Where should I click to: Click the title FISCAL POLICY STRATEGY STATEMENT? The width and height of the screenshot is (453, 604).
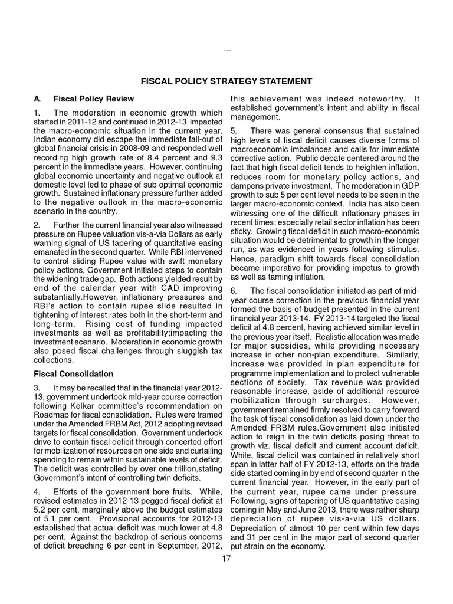coord(226,80)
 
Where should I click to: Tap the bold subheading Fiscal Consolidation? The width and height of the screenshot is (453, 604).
coord(73,374)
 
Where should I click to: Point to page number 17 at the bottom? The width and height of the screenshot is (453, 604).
coord(226,558)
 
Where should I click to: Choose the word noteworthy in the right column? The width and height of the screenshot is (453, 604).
coord(375,98)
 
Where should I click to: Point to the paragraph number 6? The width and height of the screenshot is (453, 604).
coord(234,290)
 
